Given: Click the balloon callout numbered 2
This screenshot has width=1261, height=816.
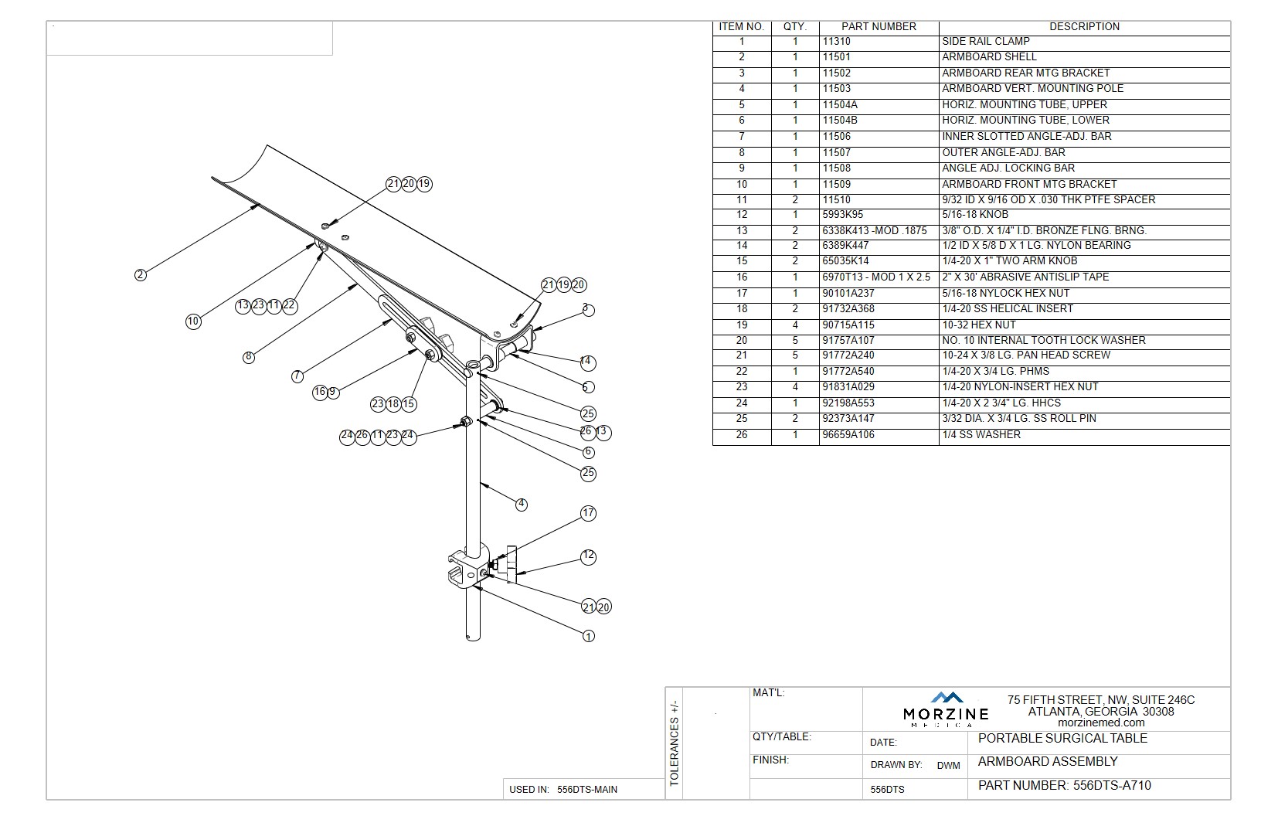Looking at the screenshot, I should tap(140, 274).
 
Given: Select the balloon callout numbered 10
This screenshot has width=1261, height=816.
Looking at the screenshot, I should tap(193, 321).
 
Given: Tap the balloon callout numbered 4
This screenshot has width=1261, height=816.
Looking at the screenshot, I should tap(522, 504).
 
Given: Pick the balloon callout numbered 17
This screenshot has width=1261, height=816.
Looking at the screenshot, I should tap(589, 513).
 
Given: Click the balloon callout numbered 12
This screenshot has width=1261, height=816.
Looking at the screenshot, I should tap(589, 556).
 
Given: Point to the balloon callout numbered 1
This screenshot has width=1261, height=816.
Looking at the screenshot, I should tap(589, 636).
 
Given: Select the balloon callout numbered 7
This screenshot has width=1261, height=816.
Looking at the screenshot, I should tap(297, 376).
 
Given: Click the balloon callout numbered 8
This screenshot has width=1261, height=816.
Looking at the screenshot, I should tap(248, 357).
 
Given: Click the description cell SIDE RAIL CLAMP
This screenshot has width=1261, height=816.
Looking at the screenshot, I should tap(985, 42).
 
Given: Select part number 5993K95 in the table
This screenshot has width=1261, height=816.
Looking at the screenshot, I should tap(842, 215).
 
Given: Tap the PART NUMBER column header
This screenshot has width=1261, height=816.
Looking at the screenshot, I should tap(879, 26).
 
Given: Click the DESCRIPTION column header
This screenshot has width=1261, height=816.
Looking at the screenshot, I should tap(1084, 26).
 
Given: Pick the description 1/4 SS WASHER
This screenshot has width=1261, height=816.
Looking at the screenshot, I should tap(981, 435).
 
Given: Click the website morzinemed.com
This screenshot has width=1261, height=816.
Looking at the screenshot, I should tap(1100, 722).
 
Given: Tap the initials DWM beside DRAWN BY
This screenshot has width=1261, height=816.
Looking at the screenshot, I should tap(948, 766).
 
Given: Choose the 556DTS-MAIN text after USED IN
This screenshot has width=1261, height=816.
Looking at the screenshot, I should tap(586, 790).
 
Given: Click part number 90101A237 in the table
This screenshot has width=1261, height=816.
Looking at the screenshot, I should tap(848, 294).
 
